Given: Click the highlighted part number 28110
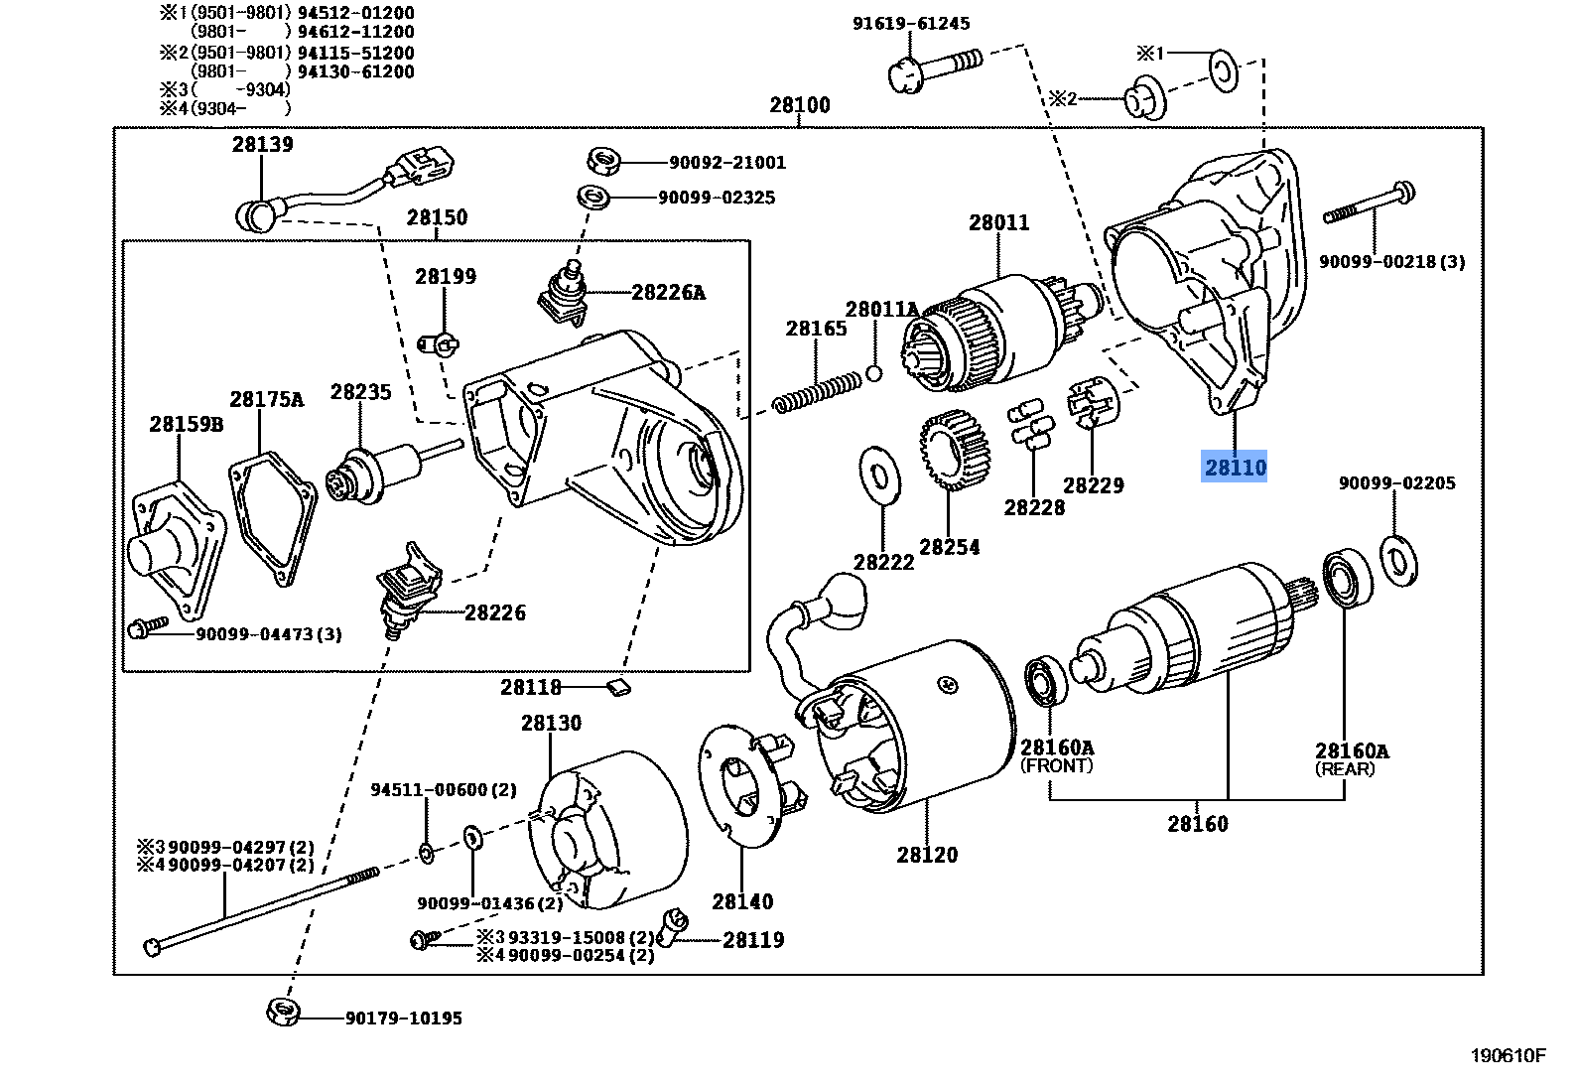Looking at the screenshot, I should pyautogui.click(x=1235, y=467).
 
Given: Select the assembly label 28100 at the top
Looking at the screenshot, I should pyautogui.click(x=799, y=105).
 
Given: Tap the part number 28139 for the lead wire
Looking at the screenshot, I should pyautogui.click(x=262, y=145).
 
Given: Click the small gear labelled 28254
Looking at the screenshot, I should pyautogui.click(x=954, y=451).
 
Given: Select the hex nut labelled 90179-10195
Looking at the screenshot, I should pyautogui.click(x=283, y=1012).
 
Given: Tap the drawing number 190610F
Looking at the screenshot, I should pyautogui.click(x=1507, y=1055).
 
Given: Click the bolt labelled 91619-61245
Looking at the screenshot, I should pyautogui.click(x=933, y=67).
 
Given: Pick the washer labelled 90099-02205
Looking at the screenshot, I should pyautogui.click(x=1398, y=561).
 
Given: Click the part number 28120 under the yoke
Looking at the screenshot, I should pyautogui.click(x=927, y=855).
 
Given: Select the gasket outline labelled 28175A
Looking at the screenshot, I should pyautogui.click(x=272, y=517).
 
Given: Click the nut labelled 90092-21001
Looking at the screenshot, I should pyautogui.click(x=603, y=161).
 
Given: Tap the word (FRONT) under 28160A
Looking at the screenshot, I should pyautogui.click(x=1056, y=766).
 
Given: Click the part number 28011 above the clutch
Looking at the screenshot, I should pyautogui.click(x=998, y=223).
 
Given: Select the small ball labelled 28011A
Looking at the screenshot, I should pyautogui.click(x=874, y=373).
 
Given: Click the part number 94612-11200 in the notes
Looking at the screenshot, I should pyautogui.click(x=355, y=32).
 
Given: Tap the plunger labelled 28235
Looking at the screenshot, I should pyautogui.click(x=382, y=469).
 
